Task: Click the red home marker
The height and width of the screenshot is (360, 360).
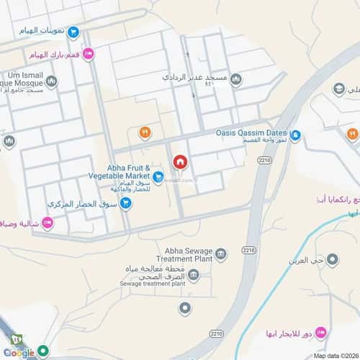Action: coord(179,161)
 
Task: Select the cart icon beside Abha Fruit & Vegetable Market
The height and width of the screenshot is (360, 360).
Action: coord(158,175)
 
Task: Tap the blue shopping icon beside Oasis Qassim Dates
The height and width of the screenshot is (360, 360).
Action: coord(294,133)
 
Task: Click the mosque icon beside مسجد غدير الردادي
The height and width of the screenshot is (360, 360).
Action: coord(237,79)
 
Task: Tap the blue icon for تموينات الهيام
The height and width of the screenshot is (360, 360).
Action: coord(73,32)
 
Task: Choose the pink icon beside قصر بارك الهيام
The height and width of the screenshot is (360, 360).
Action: coord(88,53)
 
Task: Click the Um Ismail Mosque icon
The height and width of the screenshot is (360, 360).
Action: coord(51,81)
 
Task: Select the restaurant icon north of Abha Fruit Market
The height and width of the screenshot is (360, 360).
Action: coord(144,132)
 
